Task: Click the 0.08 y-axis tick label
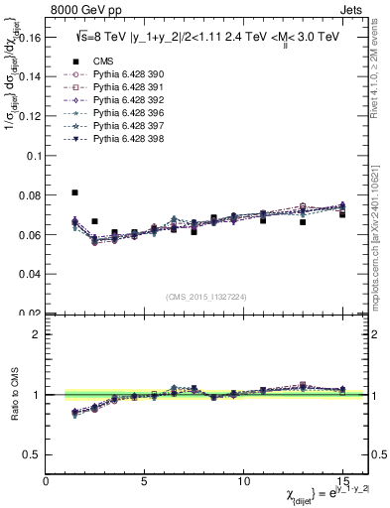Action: point(30,195)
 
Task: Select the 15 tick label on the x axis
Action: point(341,479)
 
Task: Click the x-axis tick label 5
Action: point(145,479)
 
